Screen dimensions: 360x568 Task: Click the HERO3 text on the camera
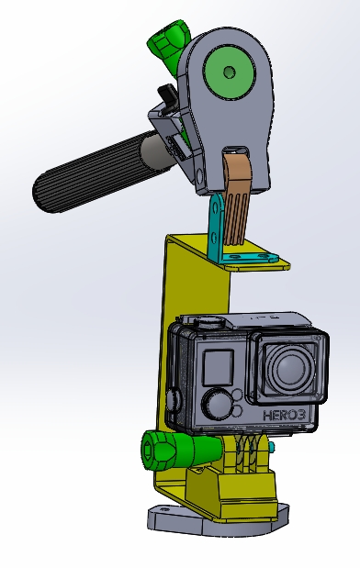click(x=284, y=415)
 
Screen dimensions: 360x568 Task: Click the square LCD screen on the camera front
click(x=218, y=367)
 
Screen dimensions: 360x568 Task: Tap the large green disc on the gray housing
click(x=230, y=72)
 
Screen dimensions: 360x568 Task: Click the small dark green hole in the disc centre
click(x=229, y=72)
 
